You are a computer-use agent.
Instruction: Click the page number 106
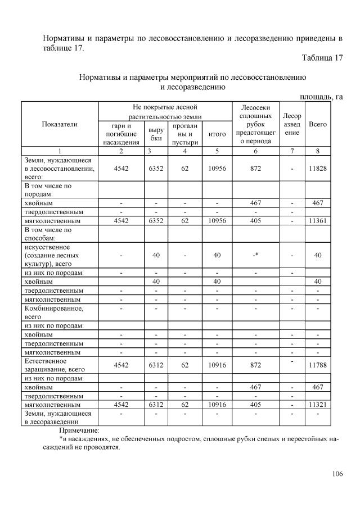click(x=337, y=474)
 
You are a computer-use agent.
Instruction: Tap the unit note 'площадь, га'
click(x=321, y=96)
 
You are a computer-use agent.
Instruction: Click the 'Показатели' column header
click(x=60, y=124)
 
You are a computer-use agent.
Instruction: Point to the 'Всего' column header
click(x=318, y=124)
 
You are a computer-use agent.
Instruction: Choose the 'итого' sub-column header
click(x=217, y=134)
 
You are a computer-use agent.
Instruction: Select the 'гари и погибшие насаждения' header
click(x=121, y=134)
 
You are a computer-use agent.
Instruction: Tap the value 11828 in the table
click(x=318, y=167)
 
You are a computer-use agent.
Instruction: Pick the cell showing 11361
click(x=318, y=221)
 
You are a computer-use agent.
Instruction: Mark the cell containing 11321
click(x=318, y=405)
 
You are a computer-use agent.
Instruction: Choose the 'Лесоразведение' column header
click(x=292, y=124)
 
